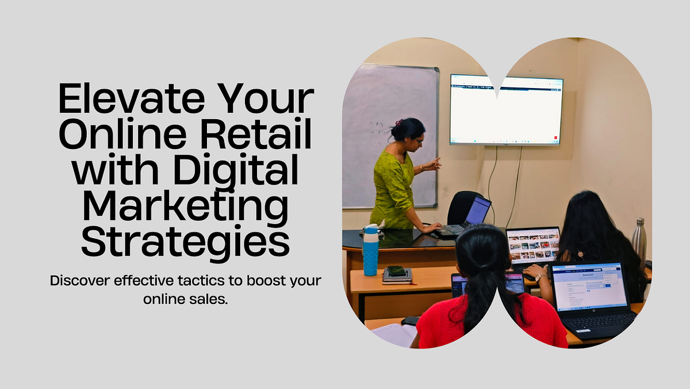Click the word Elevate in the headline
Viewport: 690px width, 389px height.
[131, 100]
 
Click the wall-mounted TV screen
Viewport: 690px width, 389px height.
[506, 109]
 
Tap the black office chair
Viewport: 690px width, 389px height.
[463, 207]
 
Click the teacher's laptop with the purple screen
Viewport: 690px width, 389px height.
[477, 211]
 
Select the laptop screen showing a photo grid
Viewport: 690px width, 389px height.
[534, 245]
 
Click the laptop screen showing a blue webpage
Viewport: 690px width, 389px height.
[588, 286]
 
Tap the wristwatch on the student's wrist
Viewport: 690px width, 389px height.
[540, 277]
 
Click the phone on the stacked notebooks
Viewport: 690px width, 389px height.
[397, 270]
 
